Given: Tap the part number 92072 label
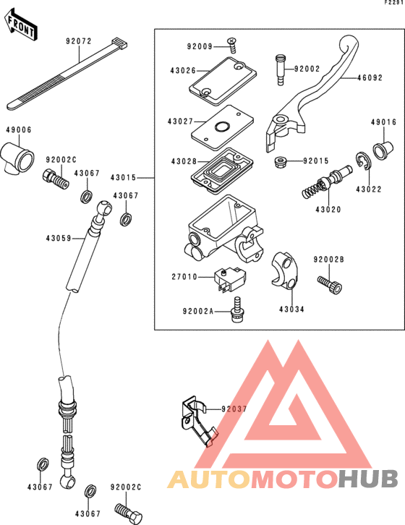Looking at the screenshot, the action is pyautogui.click(x=79, y=41).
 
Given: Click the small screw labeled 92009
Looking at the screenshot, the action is pyautogui.click(x=232, y=46).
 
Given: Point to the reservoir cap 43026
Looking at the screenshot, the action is pyautogui.click(x=223, y=80).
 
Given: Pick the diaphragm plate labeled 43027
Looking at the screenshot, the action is pyautogui.click(x=222, y=128).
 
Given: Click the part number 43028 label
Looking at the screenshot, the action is pyautogui.click(x=184, y=161).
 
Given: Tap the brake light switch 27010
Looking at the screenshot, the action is pyautogui.click(x=231, y=280).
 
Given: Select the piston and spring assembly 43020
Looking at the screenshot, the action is pyautogui.click(x=326, y=182).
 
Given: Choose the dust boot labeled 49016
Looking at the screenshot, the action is pyautogui.click(x=383, y=150).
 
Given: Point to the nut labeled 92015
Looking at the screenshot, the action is pyautogui.click(x=280, y=163).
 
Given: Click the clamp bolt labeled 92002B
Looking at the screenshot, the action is pyautogui.click(x=330, y=285).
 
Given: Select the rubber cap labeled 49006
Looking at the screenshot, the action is pyautogui.click(x=17, y=158).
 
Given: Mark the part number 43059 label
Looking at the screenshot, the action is pyautogui.click(x=59, y=239).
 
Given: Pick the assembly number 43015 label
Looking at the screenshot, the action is pyautogui.click(x=124, y=177).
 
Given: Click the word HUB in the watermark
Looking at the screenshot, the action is pyautogui.click(x=368, y=479).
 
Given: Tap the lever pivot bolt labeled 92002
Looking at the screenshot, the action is pyautogui.click(x=281, y=70).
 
